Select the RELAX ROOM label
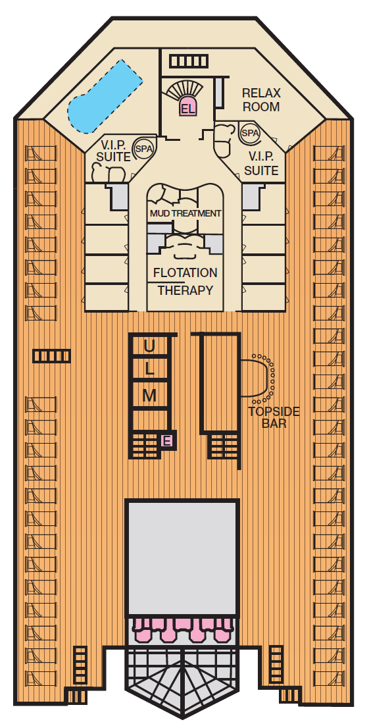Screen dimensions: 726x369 tap(261, 100)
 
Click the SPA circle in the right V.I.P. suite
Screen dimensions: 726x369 tap(250, 133)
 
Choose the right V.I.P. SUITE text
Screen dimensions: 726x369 tap(261, 164)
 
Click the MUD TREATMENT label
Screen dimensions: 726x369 tap(185, 214)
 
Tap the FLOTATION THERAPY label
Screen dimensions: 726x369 tap(185, 281)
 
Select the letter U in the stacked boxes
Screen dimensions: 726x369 tap(149, 346)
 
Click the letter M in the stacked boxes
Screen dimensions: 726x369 tap(149, 396)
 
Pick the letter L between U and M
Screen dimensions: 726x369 tap(149, 371)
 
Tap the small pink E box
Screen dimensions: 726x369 tap(167, 441)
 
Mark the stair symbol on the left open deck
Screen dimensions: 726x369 tap(52, 356)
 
